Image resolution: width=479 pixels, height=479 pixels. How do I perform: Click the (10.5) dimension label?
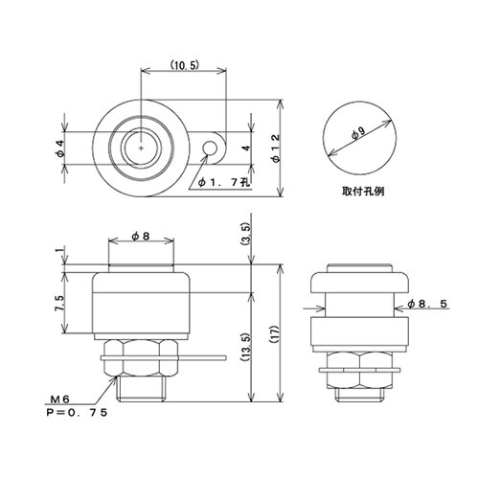184,65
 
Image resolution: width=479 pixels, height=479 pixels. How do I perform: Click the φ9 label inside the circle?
357,136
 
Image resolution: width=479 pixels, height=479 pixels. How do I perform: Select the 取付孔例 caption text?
362,190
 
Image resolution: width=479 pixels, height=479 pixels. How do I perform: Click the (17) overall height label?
275,332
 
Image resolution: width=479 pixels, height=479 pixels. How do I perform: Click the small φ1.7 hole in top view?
213,147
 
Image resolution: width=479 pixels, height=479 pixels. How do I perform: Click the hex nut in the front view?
141,356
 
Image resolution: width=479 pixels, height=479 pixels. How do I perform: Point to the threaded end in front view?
141,387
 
